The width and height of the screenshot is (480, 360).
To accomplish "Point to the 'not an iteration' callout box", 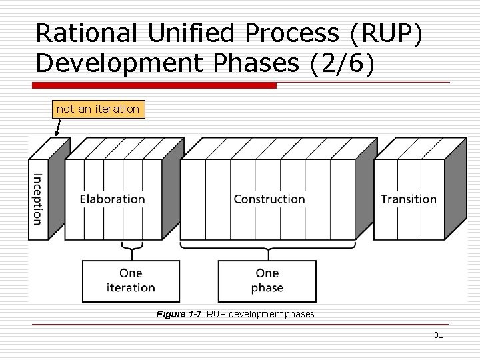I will pos(98,109).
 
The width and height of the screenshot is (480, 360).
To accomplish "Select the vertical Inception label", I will pos(37,199).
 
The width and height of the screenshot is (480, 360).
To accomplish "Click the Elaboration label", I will pos(112,199).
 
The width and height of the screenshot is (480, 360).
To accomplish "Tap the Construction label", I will pos(269,199).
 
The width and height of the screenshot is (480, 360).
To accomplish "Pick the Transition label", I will pos(409,199).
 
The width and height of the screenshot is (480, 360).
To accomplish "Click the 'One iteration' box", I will pos(131,281).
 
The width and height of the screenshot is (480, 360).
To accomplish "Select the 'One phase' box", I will pos(267,281).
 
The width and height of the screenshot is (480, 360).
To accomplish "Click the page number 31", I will pos(438,335).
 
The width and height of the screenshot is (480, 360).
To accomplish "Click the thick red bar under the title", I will pos(155,85).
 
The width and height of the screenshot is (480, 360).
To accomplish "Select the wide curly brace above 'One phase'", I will pos(268,251).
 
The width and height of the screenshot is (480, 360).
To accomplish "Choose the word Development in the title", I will pos(107,63).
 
